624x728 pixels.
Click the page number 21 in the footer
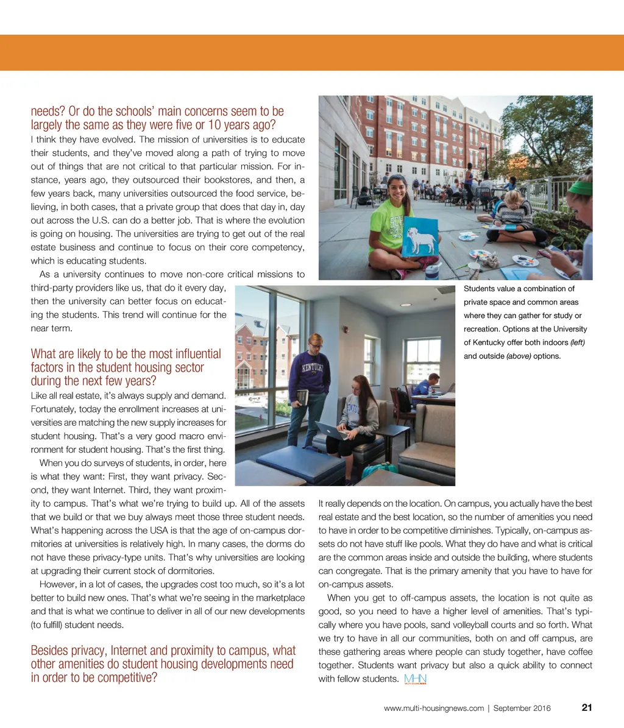pos(587,707)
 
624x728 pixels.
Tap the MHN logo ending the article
pos(415,679)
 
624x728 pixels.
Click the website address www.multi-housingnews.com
pos(433,708)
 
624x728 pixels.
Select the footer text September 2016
pos(522,708)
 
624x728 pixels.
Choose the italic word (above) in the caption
pos(518,356)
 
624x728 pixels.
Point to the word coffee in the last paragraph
pos(578,652)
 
